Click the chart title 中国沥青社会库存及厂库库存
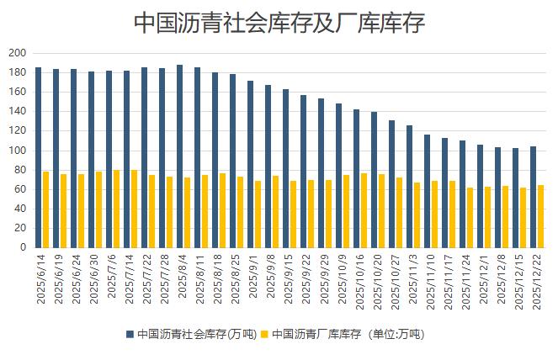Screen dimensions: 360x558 (279, 23)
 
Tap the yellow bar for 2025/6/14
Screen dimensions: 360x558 (45, 209)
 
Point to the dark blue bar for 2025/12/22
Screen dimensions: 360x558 (533, 197)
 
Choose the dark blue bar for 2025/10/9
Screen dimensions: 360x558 (338, 176)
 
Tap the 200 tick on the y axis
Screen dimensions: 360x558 (18, 53)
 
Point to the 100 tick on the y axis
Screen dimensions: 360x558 (18, 151)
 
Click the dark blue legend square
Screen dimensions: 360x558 (130, 334)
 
